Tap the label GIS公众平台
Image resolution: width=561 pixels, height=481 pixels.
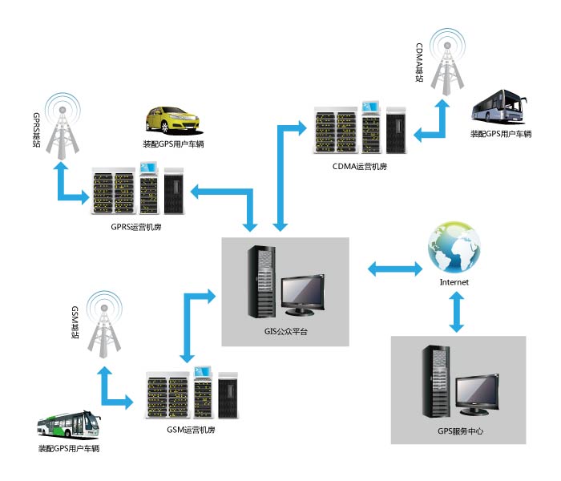click(287, 329)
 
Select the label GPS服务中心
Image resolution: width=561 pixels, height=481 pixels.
click(459, 431)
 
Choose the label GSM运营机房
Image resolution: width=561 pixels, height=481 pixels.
click(191, 430)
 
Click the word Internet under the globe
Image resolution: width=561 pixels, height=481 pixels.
click(455, 282)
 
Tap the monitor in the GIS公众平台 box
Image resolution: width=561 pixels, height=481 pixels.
click(305, 293)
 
